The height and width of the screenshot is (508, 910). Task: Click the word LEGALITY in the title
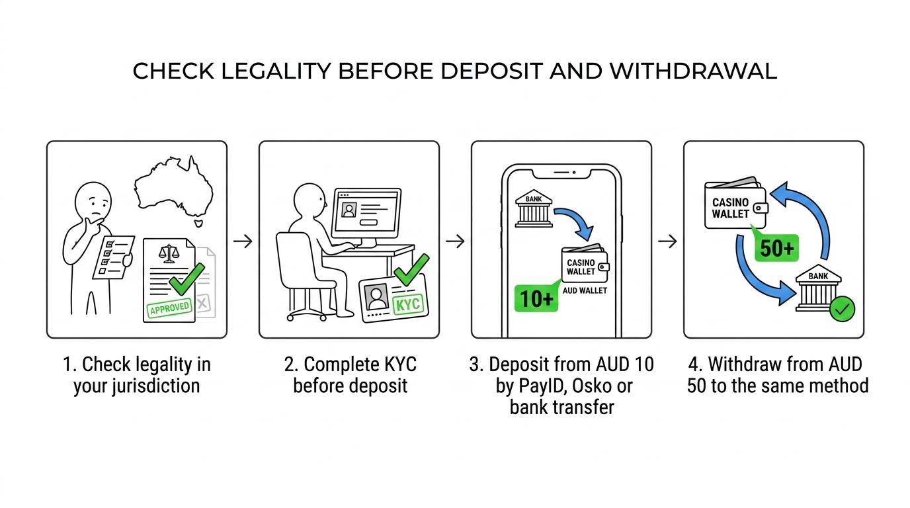(x=276, y=71)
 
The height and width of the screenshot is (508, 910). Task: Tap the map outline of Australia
(x=174, y=189)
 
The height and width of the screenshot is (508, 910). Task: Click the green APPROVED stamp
(x=169, y=308)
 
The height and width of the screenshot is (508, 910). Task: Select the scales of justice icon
(x=169, y=253)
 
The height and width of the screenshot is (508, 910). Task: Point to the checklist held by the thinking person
(x=113, y=257)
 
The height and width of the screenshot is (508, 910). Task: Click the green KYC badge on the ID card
(x=407, y=304)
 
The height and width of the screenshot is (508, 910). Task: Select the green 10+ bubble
(x=536, y=299)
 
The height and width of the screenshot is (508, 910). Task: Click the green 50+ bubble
(x=776, y=247)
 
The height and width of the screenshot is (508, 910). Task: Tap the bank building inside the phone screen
(x=534, y=208)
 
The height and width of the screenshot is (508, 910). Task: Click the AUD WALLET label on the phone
(x=585, y=290)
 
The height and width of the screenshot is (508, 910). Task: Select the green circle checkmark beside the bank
(x=842, y=309)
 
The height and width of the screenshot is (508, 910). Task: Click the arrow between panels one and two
(x=243, y=241)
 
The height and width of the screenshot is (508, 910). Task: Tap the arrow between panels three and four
(x=667, y=241)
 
